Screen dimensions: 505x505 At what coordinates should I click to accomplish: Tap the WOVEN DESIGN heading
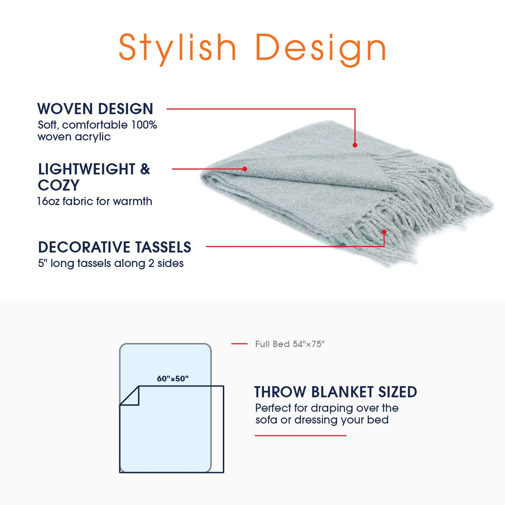95,109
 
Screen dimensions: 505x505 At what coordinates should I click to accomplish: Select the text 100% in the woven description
144,125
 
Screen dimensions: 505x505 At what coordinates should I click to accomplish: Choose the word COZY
58,185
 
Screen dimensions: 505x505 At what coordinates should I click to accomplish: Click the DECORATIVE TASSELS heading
114,247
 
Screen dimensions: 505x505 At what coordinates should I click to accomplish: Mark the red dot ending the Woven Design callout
355,145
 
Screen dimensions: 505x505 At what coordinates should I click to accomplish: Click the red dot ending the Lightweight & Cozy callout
245,169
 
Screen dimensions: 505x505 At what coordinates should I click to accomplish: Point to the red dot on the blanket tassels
384,232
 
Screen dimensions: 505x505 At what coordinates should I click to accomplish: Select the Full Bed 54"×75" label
290,344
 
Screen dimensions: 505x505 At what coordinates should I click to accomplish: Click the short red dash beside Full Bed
239,343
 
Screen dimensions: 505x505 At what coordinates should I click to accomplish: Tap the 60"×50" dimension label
173,378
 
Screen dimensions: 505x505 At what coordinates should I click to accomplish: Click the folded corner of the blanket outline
130,396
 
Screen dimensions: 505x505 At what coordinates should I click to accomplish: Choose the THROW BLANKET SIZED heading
335,392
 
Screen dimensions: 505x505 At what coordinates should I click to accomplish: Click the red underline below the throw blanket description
300,435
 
